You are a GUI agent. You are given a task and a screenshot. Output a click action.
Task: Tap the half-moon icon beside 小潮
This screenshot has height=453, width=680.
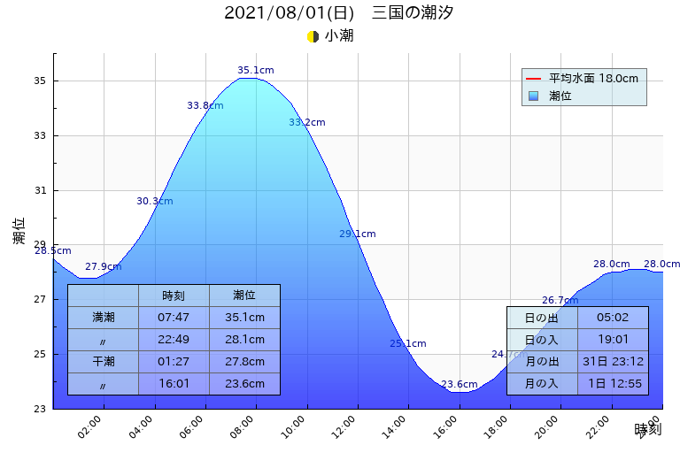(x=313, y=36)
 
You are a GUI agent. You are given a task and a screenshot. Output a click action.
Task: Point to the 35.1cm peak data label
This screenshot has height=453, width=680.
(x=255, y=71)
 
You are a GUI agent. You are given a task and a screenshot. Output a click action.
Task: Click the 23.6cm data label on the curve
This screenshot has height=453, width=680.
(x=459, y=385)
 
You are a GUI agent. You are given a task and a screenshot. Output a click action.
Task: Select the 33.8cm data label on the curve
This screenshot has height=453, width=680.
(x=205, y=106)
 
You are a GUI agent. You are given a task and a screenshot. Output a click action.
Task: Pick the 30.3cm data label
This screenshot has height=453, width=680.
(x=154, y=202)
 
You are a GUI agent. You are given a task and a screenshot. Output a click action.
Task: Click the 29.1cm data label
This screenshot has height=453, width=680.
(x=357, y=234)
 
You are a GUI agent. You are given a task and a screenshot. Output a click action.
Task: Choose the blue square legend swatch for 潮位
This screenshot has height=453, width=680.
(x=534, y=96)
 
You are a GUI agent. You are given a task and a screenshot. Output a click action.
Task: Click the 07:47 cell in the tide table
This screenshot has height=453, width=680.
(x=173, y=317)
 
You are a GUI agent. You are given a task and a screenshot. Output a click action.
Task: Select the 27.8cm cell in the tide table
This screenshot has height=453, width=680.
(x=243, y=361)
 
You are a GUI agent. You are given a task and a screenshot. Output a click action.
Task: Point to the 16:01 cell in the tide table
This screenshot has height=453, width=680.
(x=173, y=383)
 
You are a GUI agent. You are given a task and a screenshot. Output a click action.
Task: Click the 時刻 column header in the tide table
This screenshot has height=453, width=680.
(x=173, y=296)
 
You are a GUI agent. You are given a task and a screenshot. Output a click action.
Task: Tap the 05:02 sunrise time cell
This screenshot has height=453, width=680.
(x=612, y=318)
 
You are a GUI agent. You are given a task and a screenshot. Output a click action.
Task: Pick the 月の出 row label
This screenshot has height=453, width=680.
(x=541, y=361)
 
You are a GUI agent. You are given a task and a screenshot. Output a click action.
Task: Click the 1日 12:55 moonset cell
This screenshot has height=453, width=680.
(x=612, y=383)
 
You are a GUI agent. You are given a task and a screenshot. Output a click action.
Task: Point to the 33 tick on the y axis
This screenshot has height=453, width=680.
(x=39, y=136)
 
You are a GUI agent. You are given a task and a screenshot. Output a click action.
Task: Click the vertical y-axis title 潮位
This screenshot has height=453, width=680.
(x=19, y=231)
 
